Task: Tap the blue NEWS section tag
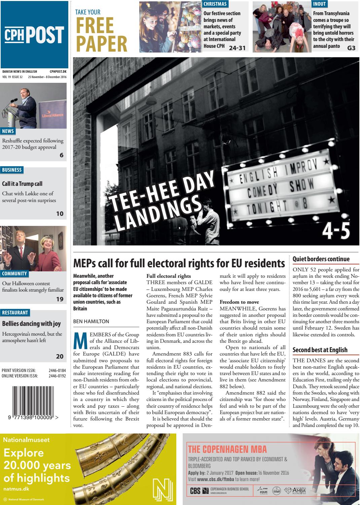point(8,131)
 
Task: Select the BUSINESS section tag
point(12,170)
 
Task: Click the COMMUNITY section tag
point(14,274)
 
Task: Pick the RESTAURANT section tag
point(15,313)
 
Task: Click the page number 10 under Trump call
point(60,213)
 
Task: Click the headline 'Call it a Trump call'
point(22,184)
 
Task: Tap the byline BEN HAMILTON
point(91,322)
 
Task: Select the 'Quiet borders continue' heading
point(321,259)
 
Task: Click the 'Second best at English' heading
point(320,350)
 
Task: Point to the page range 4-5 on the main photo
point(336,231)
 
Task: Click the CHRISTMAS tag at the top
point(215,4)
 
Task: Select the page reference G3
point(351,48)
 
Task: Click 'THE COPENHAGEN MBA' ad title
point(227,449)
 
